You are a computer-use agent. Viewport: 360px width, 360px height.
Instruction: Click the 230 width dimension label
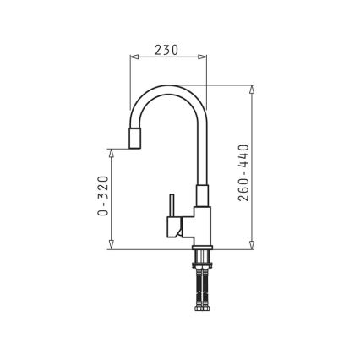pos(167,50)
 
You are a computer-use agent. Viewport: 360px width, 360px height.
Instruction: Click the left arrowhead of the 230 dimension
pos(133,58)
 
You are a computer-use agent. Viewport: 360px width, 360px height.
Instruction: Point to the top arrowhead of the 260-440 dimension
pos(253,89)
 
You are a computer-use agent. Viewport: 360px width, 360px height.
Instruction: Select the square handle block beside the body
pos(177,226)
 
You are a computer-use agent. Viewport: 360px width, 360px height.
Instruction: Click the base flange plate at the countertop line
pos(201,248)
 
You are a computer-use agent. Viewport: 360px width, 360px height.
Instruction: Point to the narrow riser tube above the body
pos(202,161)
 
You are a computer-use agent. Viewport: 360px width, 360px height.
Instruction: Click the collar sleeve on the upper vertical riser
pos(201,196)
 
